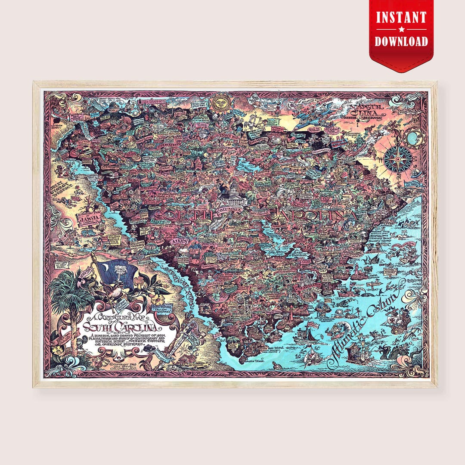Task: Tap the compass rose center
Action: (x=398, y=158)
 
